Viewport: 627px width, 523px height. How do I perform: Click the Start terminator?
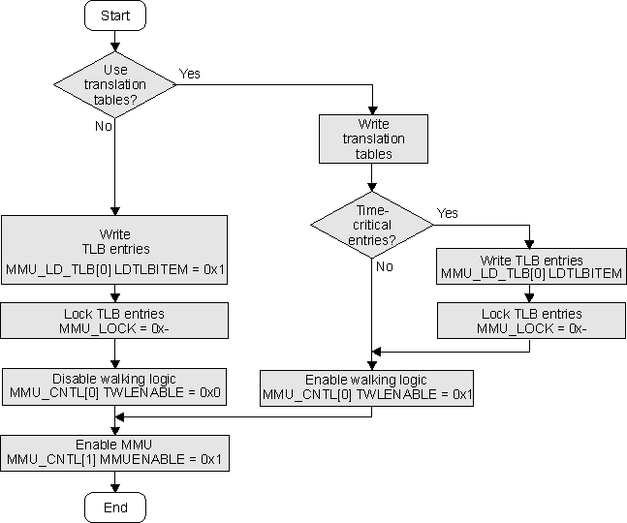pos(114,15)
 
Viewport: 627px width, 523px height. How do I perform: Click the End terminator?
pos(114,508)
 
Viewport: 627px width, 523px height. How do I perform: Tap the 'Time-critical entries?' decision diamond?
pos(372,226)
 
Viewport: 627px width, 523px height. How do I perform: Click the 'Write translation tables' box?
pos(373,138)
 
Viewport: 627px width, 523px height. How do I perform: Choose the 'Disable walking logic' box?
pos(114,385)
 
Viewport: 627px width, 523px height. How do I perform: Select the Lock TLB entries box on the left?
pos(114,321)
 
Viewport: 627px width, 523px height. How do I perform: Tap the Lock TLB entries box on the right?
pos(532,321)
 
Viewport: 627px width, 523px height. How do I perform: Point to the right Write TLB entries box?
pos(532,267)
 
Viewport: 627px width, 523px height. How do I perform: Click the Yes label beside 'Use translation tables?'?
pos(189,74)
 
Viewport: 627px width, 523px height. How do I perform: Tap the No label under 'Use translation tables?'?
pos(103,126)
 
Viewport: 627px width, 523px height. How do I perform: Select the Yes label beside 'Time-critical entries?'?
pos(448,213)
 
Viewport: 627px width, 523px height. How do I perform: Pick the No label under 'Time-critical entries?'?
pos(385,266)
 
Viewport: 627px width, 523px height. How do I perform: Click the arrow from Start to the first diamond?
pos(114,41)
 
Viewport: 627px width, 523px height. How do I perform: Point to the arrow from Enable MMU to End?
pos(114,482)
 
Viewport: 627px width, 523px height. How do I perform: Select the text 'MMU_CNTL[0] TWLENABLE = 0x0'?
pos(114,393)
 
